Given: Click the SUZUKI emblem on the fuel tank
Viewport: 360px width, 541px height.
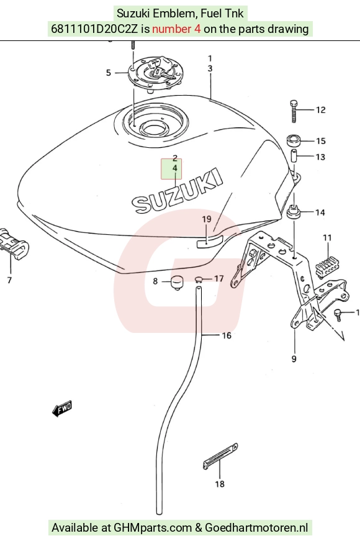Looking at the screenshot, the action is click(x=177, y=191).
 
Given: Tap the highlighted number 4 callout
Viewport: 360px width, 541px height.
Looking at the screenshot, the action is click(x=175, y=168).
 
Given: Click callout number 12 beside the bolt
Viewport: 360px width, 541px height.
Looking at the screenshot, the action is click(x=321, y=110).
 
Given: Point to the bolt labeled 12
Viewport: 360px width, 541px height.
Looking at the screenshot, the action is click(x=294, y=111).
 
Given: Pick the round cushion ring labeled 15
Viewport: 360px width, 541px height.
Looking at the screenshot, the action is click(x=294, y=141).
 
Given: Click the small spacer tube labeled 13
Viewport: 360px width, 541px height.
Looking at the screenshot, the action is click(x=294, y=157).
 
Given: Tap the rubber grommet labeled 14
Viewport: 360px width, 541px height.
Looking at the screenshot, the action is click(x=294, y=211).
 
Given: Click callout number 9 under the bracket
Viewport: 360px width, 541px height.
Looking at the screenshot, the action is click(x=294, y=359).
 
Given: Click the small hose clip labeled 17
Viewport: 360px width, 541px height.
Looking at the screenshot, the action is click(x=199, y=280).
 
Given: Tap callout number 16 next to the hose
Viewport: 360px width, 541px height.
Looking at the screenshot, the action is click(x=226, y=335).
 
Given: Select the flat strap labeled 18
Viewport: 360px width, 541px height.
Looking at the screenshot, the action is click(x=220, y=456).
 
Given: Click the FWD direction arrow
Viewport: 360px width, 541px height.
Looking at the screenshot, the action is click(x=62, y=409).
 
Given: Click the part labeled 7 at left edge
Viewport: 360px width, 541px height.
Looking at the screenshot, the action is click(x=14, y=244).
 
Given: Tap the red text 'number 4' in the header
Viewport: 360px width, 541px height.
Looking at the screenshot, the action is click(x=176, y=29).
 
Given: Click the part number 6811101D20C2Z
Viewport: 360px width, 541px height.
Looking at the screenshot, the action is click(x=94, y=29).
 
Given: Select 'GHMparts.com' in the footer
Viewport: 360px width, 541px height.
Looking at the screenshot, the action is click(x=153, y=528).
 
